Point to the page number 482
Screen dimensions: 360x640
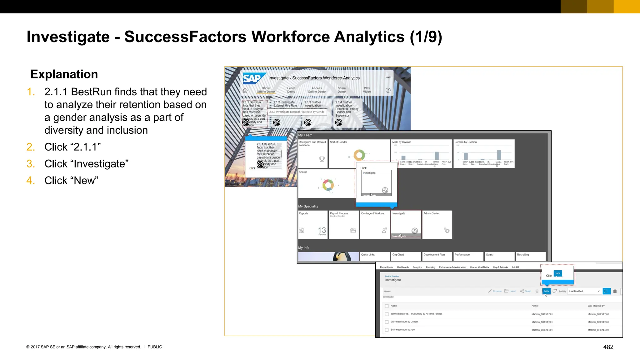608,347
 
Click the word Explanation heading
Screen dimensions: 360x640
64,74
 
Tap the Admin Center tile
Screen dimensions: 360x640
437,224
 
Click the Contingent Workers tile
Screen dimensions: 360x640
375,224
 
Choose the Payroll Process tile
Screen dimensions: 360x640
343,224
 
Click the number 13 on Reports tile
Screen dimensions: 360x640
322,230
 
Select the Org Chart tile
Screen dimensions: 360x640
406,256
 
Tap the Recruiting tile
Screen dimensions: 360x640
530,256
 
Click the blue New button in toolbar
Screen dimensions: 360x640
547,291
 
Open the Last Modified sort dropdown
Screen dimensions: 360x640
584,291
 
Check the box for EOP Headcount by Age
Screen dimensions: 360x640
387,330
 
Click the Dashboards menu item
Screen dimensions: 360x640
403,267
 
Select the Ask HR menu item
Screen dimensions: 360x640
515,267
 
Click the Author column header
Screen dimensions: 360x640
535,306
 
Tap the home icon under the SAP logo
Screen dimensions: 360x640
245,91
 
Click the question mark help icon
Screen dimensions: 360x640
388,90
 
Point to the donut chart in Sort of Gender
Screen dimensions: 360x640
359,155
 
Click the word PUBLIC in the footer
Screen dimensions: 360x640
155,347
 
